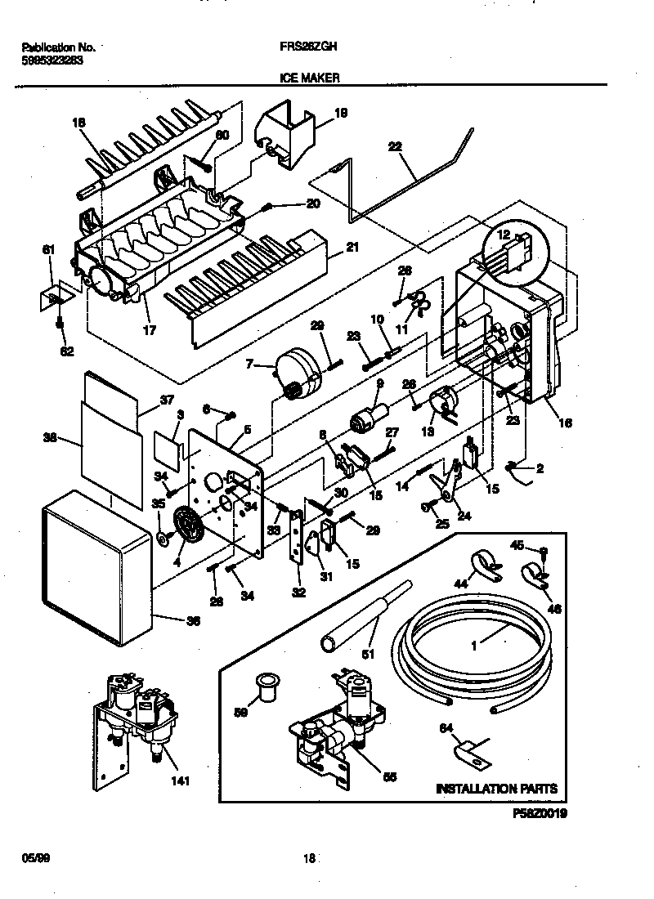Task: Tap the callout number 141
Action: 180,780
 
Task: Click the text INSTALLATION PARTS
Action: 496,789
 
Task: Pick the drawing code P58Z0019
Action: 540,813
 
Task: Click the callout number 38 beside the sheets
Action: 49,437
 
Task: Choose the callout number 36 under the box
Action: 193,620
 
